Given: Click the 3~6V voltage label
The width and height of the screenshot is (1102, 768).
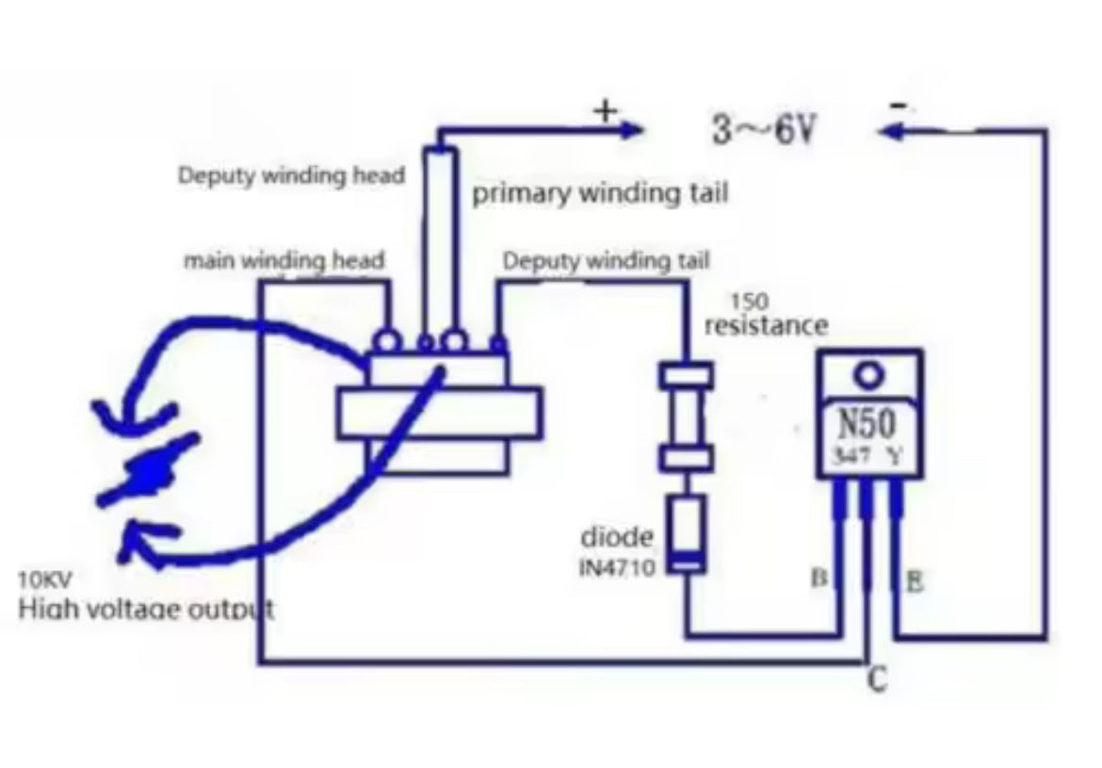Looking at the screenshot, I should click(762, 130).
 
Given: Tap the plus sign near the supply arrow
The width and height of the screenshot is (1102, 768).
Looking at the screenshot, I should click(605, 110).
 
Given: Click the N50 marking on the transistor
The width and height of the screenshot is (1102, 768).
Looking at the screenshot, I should click(867, 423).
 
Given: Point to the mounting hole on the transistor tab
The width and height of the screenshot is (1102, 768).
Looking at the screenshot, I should click(869, 376).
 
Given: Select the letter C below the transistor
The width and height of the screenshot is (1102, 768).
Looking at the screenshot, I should click(876, 679).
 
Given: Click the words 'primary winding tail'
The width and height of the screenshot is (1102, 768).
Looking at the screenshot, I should click(599, 194).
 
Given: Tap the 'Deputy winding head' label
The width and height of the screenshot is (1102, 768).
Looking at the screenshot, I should click(291, 175).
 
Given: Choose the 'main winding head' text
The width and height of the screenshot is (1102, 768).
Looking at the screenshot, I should click(284, 259).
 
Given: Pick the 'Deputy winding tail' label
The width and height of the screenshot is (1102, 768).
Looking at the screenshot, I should click(606, 260).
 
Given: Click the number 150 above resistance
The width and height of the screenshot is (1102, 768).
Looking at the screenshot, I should click(749, 302).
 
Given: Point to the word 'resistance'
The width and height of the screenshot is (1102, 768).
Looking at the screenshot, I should click(766, 326).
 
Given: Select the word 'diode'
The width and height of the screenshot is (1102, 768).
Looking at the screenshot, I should click(616, 537).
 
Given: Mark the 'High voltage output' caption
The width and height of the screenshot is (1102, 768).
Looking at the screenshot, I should click(146, 609).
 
